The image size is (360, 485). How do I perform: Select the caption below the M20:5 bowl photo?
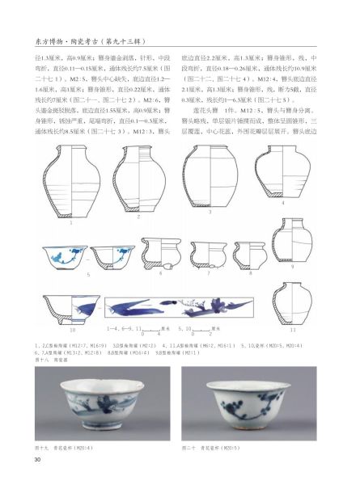[x=218, y=447]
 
